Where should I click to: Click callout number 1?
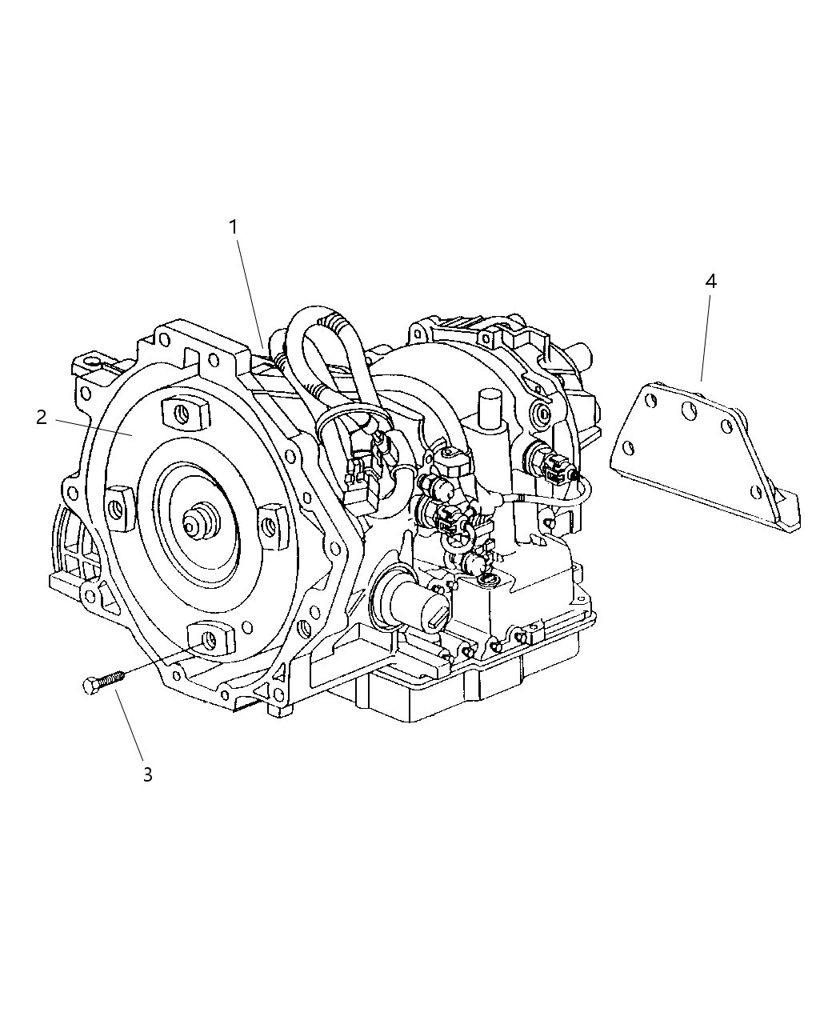pyautogui.click(x=233, y=227)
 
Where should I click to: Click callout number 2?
pyautogui.click(x=42, y=418)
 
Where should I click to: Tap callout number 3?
pyautogui.click(x=147, y=774)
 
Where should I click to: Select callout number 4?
pyautogui.click(x=710, y=281)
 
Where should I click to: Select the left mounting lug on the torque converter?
pyautogui.click(x=119, y=508)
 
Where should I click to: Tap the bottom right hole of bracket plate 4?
pyautogui.click(x=754, y=491)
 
